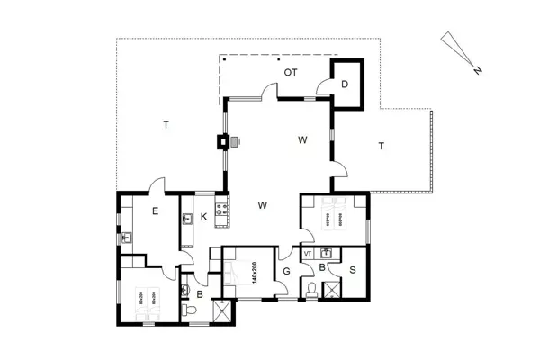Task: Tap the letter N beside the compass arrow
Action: point(478,70)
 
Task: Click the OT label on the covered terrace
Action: point(291,71)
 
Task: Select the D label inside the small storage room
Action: point(345,84)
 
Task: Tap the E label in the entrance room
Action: point(155,211)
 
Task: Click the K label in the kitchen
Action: point(204,216)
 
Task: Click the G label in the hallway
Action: point(286,271)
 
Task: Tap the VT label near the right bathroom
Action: point(308,255)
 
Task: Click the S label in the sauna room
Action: point(352,269)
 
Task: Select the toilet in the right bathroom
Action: point(310,289)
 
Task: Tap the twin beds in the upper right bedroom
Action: point(336,216)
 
